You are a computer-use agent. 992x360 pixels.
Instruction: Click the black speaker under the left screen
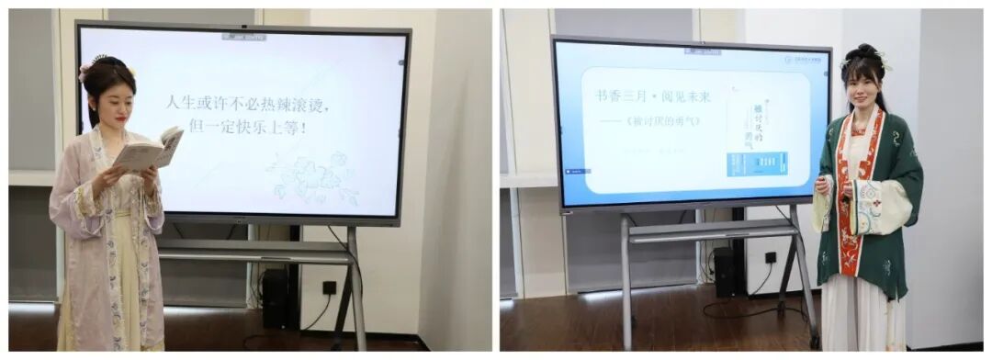pyautogui.click(x=275, y=298)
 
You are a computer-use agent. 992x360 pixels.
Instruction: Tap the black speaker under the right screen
pyautogui.click(x=725, y=272)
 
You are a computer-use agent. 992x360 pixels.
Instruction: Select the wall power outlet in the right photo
pyautogui.click(x=770, y=258)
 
